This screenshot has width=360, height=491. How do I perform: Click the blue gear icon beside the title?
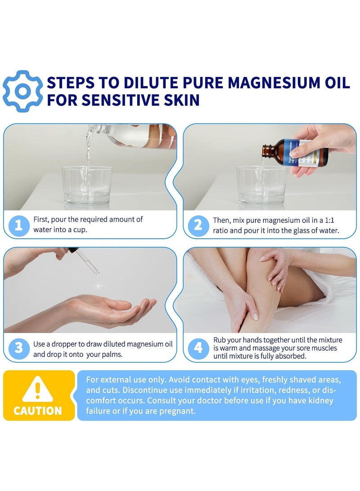coord(23,91)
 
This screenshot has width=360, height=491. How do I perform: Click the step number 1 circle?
coord(18,225)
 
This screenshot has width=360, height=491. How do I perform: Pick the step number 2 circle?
coord(198,225)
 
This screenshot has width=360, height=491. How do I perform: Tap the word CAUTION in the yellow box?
coord(38,410)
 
